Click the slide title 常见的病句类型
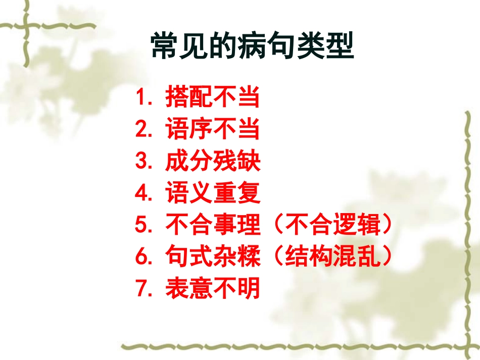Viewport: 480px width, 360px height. pos(252,47)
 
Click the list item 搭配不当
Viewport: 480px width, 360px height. pos(212,98)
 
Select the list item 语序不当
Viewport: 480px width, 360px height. pos(212,130)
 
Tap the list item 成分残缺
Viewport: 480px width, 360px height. pos(212,162)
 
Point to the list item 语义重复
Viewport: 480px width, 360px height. pos(212,193)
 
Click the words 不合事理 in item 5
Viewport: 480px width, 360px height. pos(212,225)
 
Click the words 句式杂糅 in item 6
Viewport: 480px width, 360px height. pos(212,257)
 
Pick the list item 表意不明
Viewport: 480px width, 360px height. pos(212,289)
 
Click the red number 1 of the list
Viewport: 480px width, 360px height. pos(141,98)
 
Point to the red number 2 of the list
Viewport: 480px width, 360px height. pos(141,130)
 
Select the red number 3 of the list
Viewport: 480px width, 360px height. pos(141,162)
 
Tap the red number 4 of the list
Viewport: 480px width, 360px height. pos(141,194)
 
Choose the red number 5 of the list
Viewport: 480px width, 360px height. pos(141,226)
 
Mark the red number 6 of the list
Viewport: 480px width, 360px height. pos(141,258)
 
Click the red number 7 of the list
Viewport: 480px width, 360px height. pos(141,289)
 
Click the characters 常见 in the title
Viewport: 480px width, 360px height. pos(179,47)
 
